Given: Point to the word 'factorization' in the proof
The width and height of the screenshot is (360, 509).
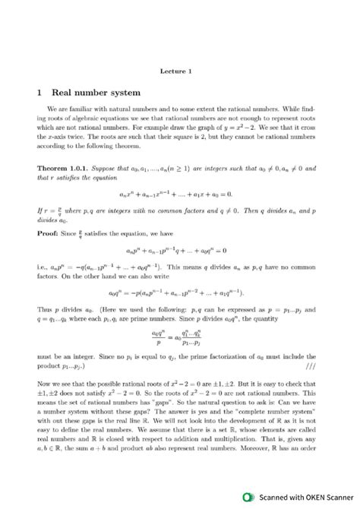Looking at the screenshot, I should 233,356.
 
